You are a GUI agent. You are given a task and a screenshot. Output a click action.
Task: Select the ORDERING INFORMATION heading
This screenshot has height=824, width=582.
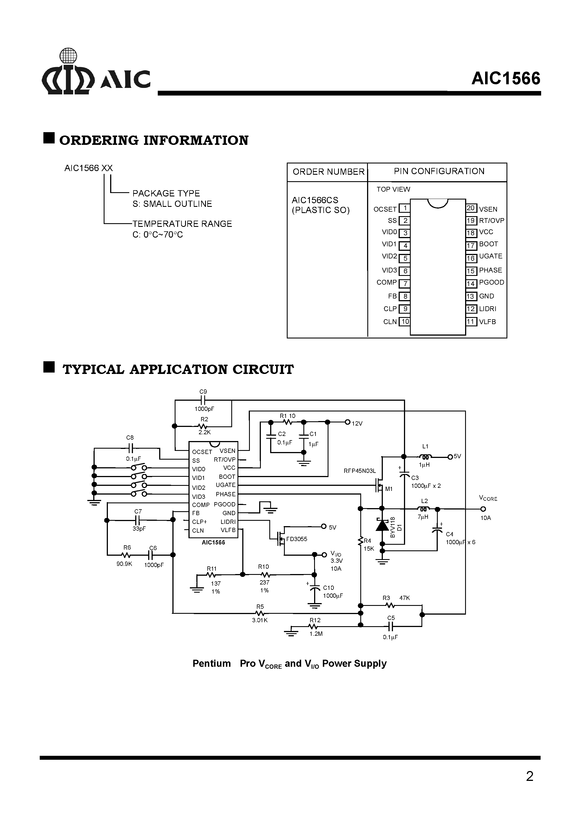click(x=154, y=140)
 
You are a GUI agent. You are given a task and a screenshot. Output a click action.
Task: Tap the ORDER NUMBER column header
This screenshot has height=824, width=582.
click(x=328, y=172)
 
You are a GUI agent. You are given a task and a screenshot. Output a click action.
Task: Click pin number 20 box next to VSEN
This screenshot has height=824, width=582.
click(x=471, y=208)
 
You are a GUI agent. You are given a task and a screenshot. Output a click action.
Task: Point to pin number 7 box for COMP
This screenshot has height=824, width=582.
click(x=405, y=283)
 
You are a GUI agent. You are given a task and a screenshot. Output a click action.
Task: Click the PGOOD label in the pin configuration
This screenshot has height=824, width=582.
click(x=491, y=282)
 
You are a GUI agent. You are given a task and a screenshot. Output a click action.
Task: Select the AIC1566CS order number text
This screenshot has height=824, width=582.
click(x=315, y=200)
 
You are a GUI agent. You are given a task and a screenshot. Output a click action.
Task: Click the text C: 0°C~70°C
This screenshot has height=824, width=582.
click(x=157, y=235)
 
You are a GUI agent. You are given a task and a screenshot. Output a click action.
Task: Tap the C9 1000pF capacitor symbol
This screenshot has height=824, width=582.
click(x=203, y=400)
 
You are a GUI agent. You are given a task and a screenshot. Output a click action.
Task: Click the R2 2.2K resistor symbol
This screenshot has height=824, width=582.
click(x=203, y=426)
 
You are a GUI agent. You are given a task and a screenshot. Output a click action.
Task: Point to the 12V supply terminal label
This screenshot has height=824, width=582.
click(x=357, y=424)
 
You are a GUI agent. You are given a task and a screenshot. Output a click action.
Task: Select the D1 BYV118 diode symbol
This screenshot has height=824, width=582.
click(x=382, y=525)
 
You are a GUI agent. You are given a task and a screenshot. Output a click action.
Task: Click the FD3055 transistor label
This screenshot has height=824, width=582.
click(x=296, y=539)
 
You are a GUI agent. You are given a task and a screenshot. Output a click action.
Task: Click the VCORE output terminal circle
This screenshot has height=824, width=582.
click(x=483, y=509)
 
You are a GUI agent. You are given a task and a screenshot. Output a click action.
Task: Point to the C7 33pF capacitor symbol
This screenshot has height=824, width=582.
click(x=138, y=520)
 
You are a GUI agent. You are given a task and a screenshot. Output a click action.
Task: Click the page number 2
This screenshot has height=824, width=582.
click(x=529, y=776)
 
